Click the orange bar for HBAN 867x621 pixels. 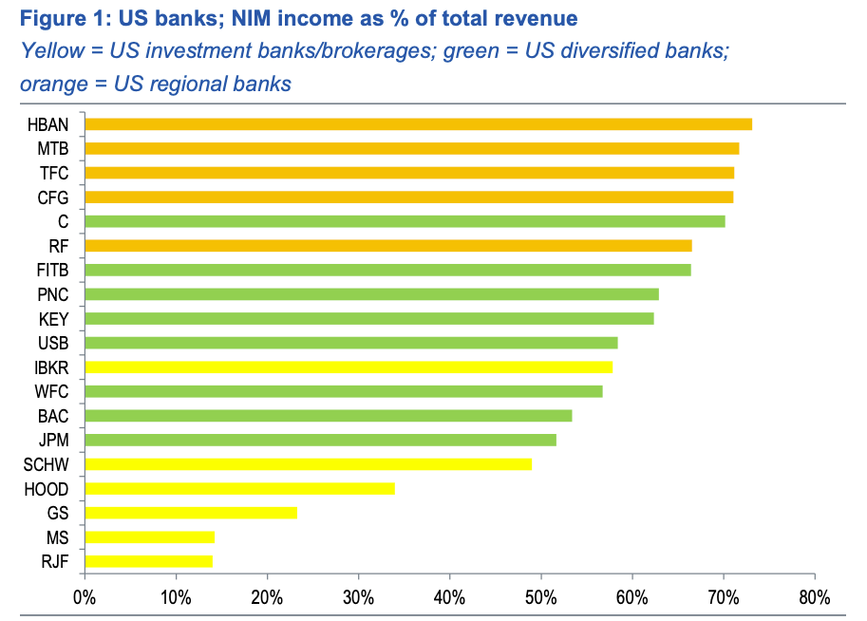[418, 124]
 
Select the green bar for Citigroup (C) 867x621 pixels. [405, 221]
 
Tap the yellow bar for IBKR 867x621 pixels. [349, 367]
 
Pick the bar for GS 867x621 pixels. [191, 513]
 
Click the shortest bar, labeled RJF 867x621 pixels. [148, 561]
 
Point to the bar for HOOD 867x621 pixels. [239, 488]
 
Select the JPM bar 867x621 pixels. [320, 440]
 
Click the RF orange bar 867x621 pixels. [387, 246]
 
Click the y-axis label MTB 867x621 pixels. [54, 149]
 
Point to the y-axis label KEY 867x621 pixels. [54, 318]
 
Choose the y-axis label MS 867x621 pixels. [59, 537]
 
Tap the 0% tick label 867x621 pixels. [85, 598]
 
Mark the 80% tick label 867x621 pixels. [814, 598]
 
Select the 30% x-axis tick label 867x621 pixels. [358, 598]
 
